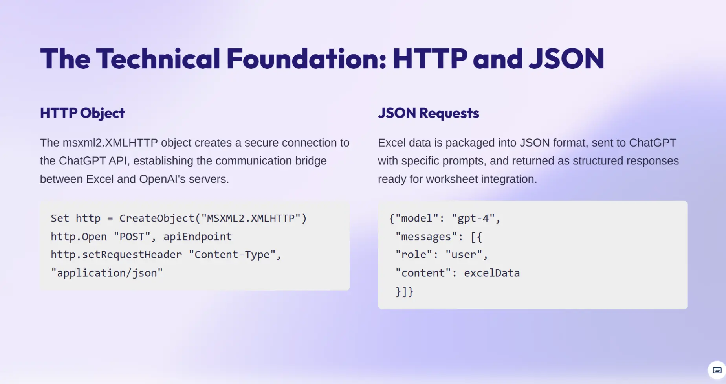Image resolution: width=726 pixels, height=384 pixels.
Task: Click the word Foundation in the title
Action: click(306, 59)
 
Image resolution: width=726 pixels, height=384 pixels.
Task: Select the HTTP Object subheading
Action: click(82, 113)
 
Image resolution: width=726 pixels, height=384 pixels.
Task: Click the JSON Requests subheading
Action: click(429, 113)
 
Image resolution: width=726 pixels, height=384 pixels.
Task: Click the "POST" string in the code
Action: click(132, 237)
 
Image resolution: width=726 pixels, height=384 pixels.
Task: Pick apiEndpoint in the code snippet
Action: click(198, 237)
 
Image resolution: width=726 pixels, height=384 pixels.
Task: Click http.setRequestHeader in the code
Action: click(116, 255)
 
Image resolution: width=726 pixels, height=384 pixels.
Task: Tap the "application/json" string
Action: click(107, 273)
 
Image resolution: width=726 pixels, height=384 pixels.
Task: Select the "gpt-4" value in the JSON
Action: click(473, 219)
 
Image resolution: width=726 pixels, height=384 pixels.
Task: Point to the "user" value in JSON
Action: click(464, 255)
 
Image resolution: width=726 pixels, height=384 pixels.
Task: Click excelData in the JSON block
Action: click(492, 273)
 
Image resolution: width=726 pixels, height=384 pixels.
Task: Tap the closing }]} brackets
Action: click(404, 292)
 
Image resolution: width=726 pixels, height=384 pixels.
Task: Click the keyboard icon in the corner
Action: click(717, 370)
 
